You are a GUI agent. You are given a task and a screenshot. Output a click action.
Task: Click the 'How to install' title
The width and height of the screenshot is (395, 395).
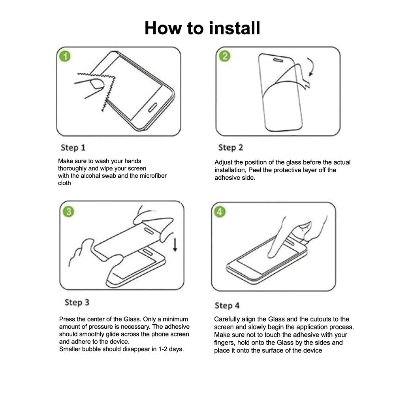pos(202,28)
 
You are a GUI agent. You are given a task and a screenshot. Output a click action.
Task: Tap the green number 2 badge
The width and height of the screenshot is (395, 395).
pos(224,56)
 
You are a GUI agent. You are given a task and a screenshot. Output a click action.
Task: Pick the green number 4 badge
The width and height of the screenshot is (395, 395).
pos(220,212)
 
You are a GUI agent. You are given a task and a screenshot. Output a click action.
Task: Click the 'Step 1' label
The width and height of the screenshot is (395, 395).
pos(73,148)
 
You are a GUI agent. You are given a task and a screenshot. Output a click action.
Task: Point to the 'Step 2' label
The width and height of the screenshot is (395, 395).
pos(231,148)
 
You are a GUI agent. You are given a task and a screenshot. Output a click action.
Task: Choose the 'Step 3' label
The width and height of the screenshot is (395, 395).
pos(77,303)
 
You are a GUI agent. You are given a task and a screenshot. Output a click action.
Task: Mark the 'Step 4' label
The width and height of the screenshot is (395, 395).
pos(227,306)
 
